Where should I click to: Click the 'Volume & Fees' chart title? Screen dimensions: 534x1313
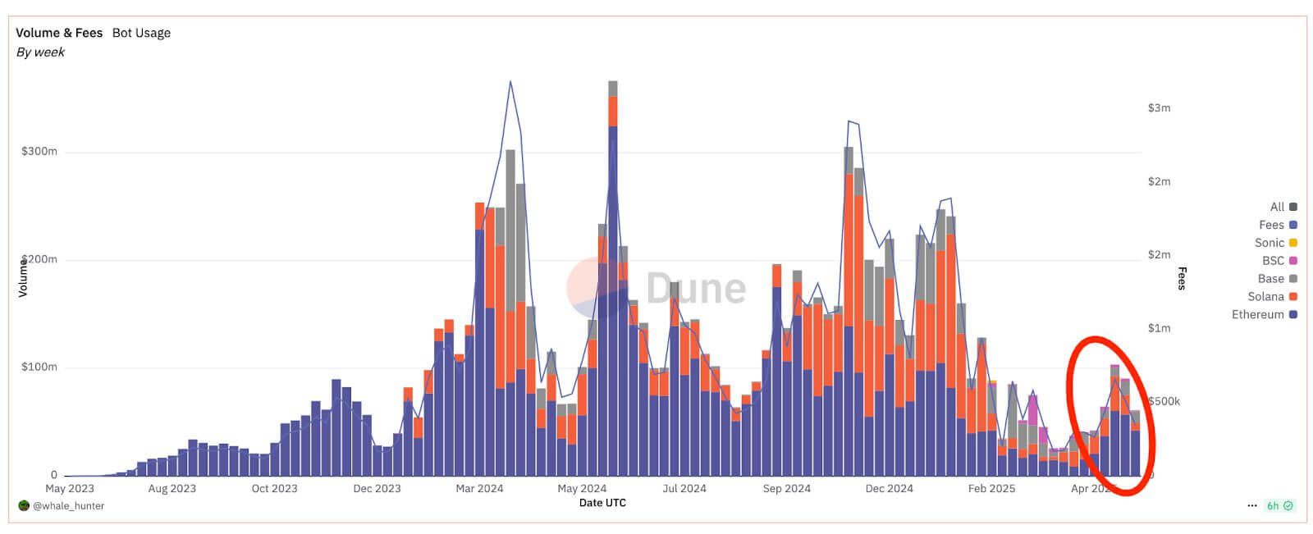pos(59,33)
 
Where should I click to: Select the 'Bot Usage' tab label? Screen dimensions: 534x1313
pos(141,33)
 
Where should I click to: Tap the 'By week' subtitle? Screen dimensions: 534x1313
pos(40,52)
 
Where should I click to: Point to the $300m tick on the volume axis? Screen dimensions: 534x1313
pos(39,152)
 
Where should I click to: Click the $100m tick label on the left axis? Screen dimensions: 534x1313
pos(39,367)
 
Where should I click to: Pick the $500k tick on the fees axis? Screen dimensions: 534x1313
pos(1164,401)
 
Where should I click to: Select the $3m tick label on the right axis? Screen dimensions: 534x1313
pos(1159,107)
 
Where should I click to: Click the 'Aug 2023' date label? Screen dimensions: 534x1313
pos(172,489)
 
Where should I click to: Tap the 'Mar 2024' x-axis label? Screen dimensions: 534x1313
pos(479,489)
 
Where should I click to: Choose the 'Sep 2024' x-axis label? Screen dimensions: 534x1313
pos(786,489)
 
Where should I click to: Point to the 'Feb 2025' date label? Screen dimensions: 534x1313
pos(991,489)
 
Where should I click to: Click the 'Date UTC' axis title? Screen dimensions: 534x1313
pos(602,503)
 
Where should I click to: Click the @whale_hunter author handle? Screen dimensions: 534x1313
pos(68,506)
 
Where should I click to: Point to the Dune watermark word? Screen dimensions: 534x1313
pos(696,288)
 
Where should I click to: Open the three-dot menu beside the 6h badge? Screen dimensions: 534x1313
pos(1252,506)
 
